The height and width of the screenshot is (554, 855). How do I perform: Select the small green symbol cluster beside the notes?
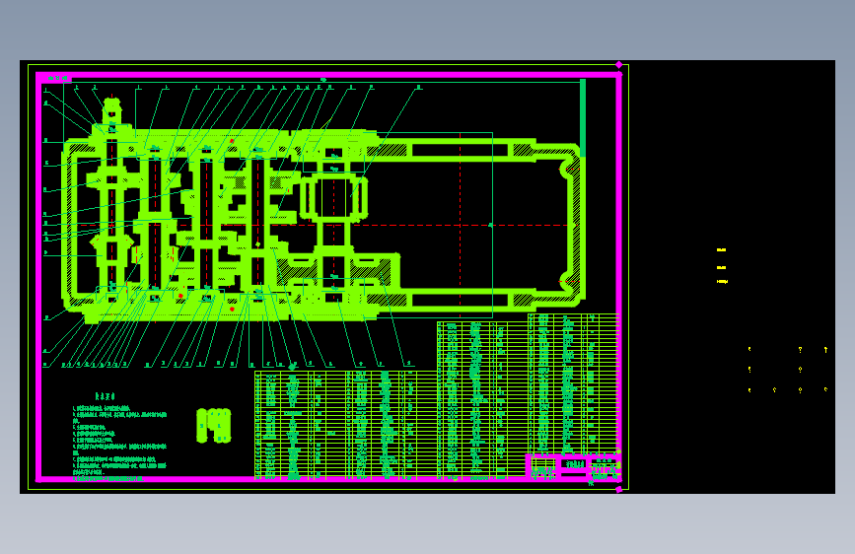(213, 425)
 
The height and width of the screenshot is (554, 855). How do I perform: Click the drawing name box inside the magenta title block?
(573, 463)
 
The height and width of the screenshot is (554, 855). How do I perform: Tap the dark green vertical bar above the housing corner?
(583, 116)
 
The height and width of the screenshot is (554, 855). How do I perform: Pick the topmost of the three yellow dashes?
(721, 250)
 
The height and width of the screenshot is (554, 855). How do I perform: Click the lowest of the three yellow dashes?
(721, 282)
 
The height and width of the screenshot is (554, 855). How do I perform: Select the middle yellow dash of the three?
(721, 267)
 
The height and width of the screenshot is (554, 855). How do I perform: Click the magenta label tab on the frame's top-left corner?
(56, 78)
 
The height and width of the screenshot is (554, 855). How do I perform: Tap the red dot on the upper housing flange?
(232, 141)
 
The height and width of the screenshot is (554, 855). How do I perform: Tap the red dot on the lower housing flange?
(232, 309)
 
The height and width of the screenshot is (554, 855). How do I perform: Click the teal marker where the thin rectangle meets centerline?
(491, 225)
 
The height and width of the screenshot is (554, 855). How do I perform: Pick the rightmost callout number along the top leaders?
(418, 87)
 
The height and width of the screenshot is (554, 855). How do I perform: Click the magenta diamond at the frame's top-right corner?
(619, 65)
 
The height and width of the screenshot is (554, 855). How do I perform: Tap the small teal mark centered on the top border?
(322, 79)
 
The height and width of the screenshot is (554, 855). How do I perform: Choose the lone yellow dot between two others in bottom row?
(774, 389)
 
